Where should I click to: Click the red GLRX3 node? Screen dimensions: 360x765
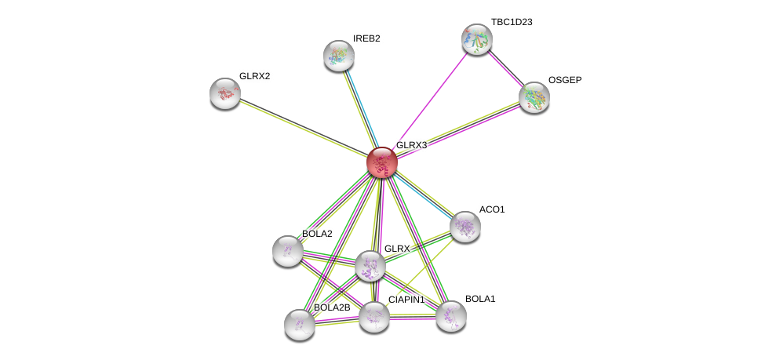(x=381, y=162)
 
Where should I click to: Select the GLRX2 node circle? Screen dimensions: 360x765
(x=225, y=93)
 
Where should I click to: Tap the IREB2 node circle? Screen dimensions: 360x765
(x=339, y=56)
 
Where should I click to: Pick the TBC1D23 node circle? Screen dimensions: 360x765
(x=476, y=39)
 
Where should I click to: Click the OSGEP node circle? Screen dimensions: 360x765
(x=534, y=97)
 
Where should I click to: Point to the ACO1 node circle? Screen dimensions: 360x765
(x=464, y=227)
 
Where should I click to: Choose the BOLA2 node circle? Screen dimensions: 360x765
(x=288, y=251)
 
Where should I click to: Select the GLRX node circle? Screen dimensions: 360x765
(x=370, y=266)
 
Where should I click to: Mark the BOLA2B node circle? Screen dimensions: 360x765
(x=300, y=324)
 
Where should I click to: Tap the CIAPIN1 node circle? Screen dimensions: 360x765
(x=374, y=317)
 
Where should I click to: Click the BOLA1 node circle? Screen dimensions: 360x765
(x=451, y=316)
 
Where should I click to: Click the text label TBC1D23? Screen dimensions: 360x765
(x=512, y=22)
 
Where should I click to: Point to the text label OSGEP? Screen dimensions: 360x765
(x=565, y=80)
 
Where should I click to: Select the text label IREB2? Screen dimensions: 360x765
(x=366, y=38)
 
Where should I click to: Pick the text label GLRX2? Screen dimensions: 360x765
(x=254, y=76)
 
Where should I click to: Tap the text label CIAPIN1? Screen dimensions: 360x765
(x=406, y=300)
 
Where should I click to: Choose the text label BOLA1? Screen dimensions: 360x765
(x=480, y=299)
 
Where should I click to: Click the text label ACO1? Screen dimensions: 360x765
(x=492, y=209)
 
